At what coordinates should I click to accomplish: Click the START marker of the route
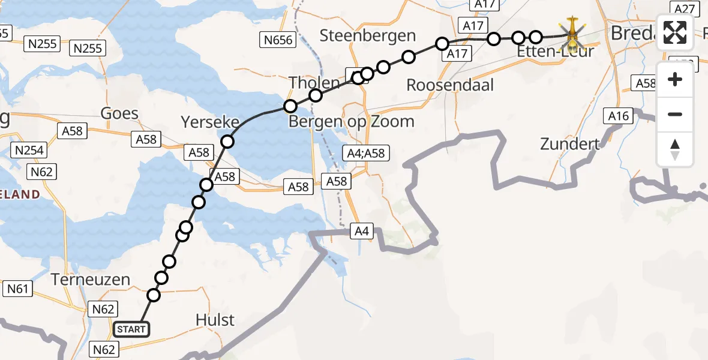coord(131,329)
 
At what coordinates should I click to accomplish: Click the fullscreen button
coord(675,33)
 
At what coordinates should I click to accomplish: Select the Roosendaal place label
coord(450,85)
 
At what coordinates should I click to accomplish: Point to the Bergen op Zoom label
coord(352,122)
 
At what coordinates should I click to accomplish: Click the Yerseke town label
coord(210,123)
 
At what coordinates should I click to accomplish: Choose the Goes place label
coord(119,113)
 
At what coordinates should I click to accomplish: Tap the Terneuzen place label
coord(91,280)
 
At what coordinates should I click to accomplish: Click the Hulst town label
coord(215,320)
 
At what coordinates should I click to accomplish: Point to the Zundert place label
coord(570,144)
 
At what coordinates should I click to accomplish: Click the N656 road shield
coord(277,40)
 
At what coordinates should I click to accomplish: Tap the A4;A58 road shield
coord(365,154)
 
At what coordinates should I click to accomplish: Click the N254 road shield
coord(29,151)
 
